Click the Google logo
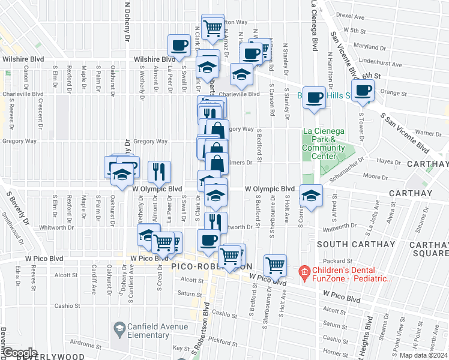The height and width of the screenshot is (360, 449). (x=19, y=353)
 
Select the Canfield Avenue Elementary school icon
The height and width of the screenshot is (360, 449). (x=118, y=329)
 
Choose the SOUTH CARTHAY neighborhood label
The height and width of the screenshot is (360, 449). (x=356, y=244)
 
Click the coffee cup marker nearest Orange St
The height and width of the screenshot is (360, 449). (x=363, y=91)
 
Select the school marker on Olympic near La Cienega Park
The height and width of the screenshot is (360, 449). (x=311, y=196)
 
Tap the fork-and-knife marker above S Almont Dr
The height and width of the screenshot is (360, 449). (x=160, y=172)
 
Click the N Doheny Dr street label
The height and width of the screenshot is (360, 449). (x=128, y=22)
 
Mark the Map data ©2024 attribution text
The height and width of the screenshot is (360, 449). (x=424, y=355)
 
